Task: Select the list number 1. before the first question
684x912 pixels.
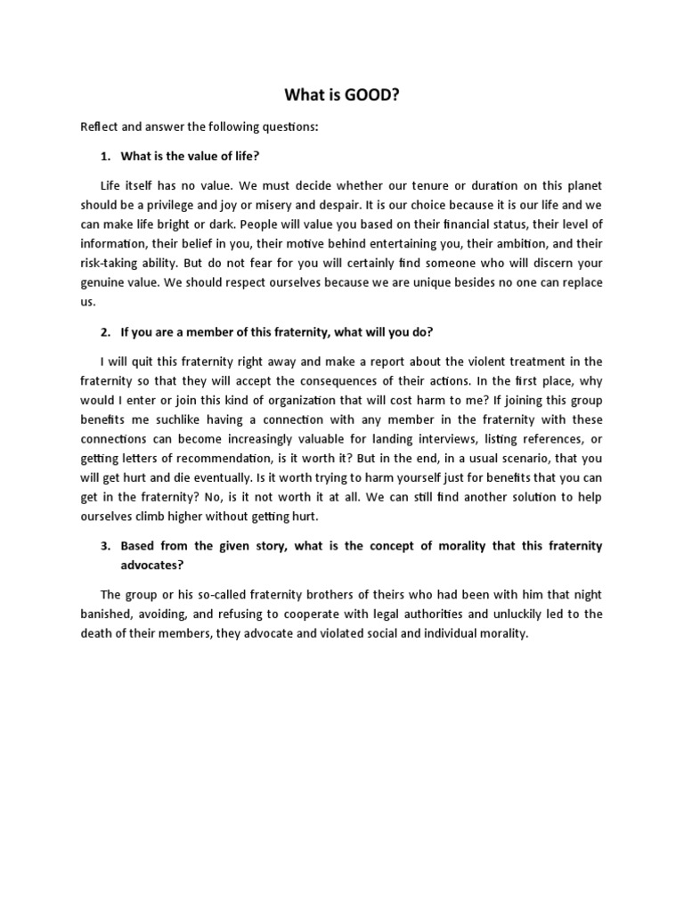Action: click(105, 157)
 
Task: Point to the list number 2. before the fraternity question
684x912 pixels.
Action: click(105, 332)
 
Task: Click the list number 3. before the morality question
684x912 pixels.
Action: click(105, 546)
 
